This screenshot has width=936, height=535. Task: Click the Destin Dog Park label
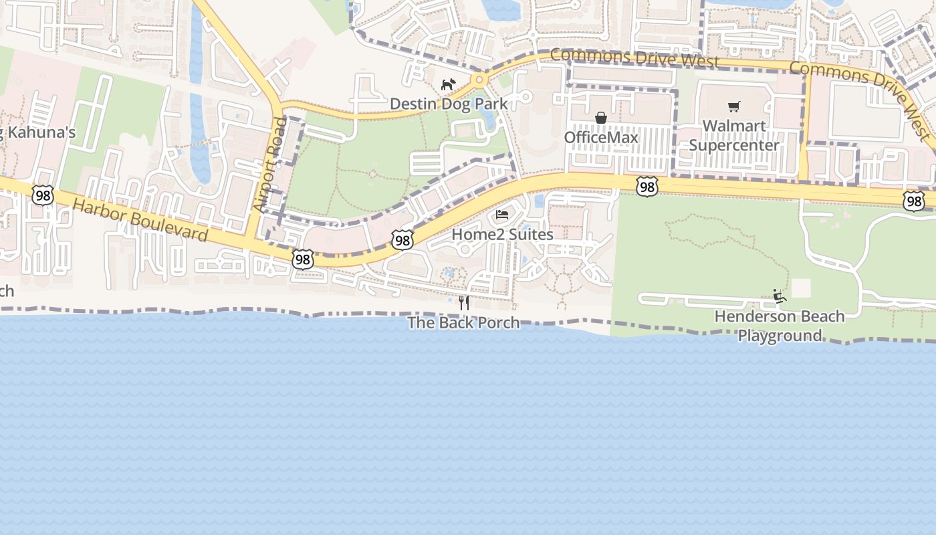[449, 104]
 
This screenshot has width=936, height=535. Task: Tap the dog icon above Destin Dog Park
[448, 84]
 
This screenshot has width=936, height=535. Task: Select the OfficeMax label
[601, 137]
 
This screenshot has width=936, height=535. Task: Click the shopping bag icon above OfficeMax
[601, 118]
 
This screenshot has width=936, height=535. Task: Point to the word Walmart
[734, 126]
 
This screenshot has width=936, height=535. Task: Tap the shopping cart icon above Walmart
[734, 106]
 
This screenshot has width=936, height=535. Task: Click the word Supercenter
[734, 145]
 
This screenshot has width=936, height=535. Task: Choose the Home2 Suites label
[503, 235]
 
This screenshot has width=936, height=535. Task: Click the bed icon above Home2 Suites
[502, 215]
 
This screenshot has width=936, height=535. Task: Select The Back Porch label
[464, 322]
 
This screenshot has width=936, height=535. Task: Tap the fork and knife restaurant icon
[464, 303]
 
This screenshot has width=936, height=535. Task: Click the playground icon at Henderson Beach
[780, 296]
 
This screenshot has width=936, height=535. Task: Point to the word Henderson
[780, 316]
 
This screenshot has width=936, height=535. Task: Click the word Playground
[780, 335]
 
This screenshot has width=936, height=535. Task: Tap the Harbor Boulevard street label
[140, 220]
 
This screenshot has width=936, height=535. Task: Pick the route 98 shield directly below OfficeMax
[647, 187]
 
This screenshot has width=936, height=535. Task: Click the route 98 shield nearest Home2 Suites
[402, 240]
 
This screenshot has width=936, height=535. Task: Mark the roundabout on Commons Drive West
[479, 80]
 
